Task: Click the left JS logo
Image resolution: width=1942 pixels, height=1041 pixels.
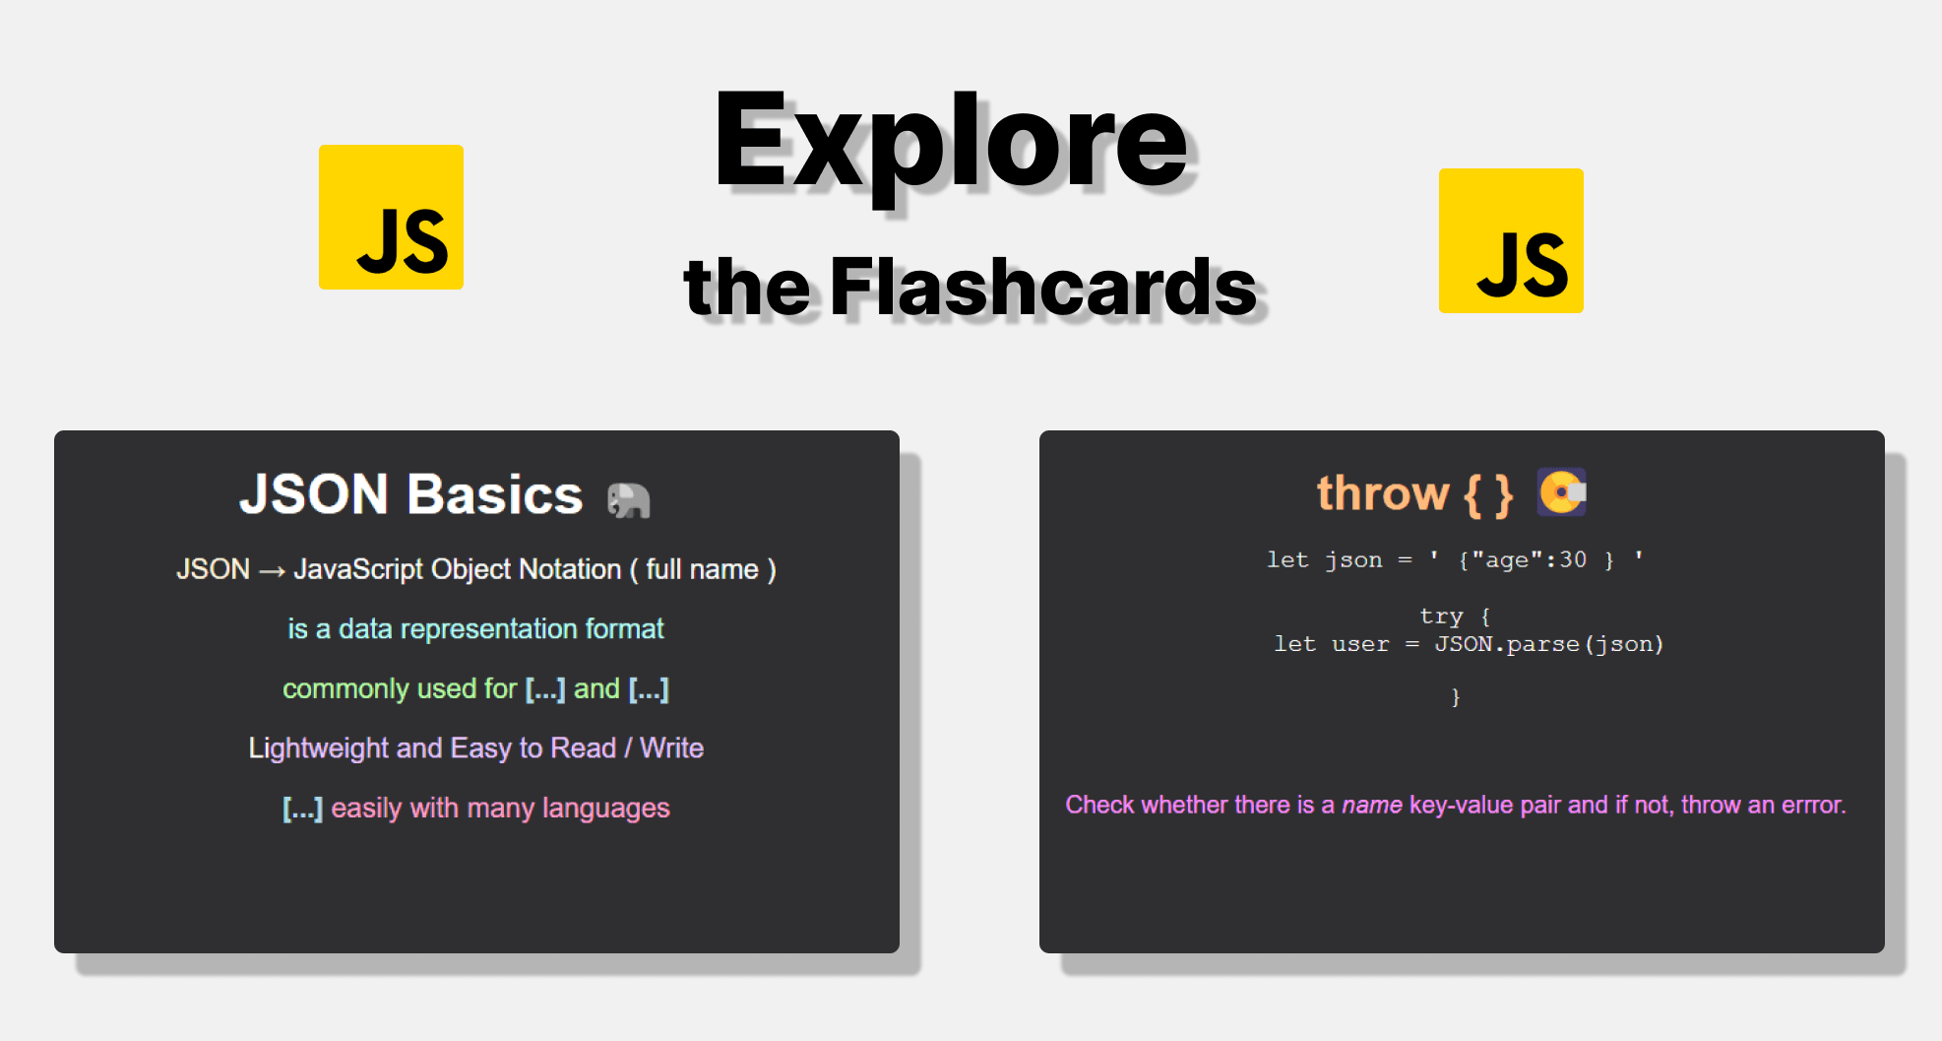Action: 391,217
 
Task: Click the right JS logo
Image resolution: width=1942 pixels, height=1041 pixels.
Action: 1511,240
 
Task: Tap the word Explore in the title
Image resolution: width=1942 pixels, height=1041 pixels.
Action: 951,143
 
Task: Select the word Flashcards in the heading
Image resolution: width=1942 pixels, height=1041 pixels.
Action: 1043,287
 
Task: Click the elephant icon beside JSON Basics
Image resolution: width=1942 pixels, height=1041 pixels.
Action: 628,499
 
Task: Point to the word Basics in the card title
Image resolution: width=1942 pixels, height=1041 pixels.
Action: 495,494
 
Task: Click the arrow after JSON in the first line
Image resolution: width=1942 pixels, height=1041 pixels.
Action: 272,570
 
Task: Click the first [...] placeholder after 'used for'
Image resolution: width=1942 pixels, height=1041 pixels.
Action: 545,688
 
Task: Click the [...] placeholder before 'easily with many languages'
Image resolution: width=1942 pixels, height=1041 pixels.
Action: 302,808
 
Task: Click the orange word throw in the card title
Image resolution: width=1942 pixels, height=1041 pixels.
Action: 1383,492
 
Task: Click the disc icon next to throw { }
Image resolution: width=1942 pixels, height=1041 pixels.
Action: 1562,491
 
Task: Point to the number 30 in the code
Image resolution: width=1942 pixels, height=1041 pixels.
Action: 1573,559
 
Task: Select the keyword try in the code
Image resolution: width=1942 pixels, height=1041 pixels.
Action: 1441,617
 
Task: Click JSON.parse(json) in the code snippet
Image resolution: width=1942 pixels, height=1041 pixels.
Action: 1548,644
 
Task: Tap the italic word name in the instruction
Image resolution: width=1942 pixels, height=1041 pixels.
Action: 1372,805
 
